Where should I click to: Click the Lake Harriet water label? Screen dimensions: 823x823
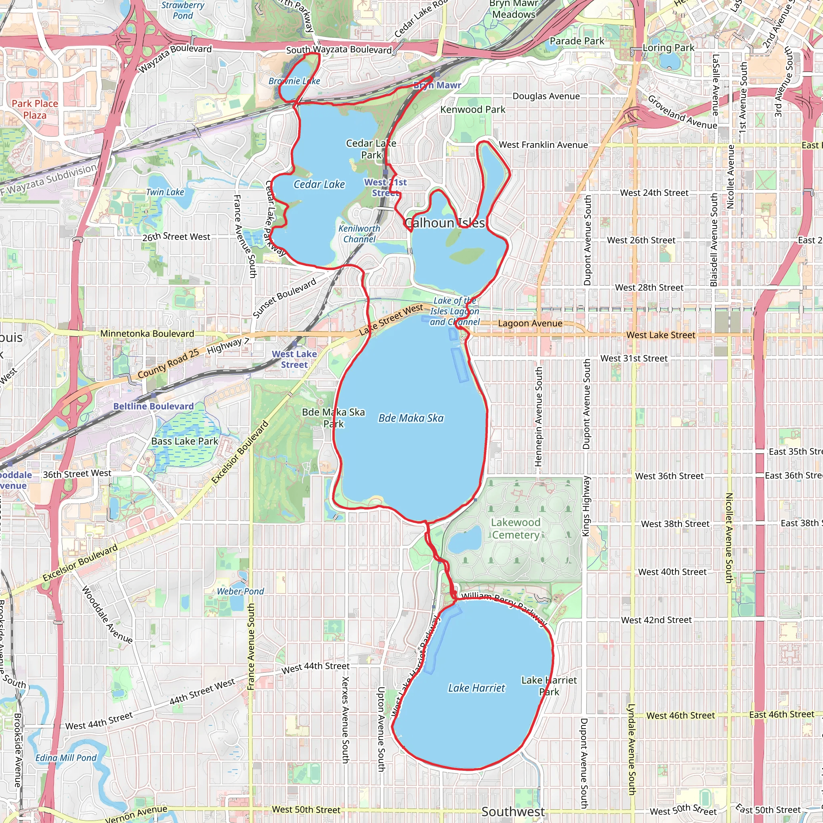[x=476, y=688]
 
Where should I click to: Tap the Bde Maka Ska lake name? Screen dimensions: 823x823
[x=411, y=418]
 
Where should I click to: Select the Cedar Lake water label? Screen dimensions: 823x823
[x=319, y=184]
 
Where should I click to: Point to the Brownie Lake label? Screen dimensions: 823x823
[x=294, y=81]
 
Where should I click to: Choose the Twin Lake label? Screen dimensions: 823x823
[x=165, y=192]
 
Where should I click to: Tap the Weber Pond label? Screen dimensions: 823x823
[x=240, y=591]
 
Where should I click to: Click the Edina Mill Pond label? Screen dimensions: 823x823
[x=66, y=758]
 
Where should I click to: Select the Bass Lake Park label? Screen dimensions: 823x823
[x=184, y=441]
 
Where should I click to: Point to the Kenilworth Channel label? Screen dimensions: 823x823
[x=359, y=234]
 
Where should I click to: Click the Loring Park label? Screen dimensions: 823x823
[x=668, y=48]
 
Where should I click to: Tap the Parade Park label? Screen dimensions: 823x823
[x=577, y=41]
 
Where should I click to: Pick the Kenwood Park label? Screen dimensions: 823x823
[x=473, y=109]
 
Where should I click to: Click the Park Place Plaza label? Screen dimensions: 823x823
[x=35, y=109]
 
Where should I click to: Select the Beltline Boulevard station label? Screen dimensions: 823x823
[x=154, y=406]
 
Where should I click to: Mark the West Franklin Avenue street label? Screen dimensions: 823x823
[x=543, y=145]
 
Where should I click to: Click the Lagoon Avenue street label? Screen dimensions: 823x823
[x=530, y=323]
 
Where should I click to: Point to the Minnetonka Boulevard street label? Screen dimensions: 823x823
[x=147, y=334]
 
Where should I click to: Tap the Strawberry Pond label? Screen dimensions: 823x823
[x=183, y=10]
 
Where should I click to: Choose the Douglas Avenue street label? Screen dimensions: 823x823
[x=546, y=96]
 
